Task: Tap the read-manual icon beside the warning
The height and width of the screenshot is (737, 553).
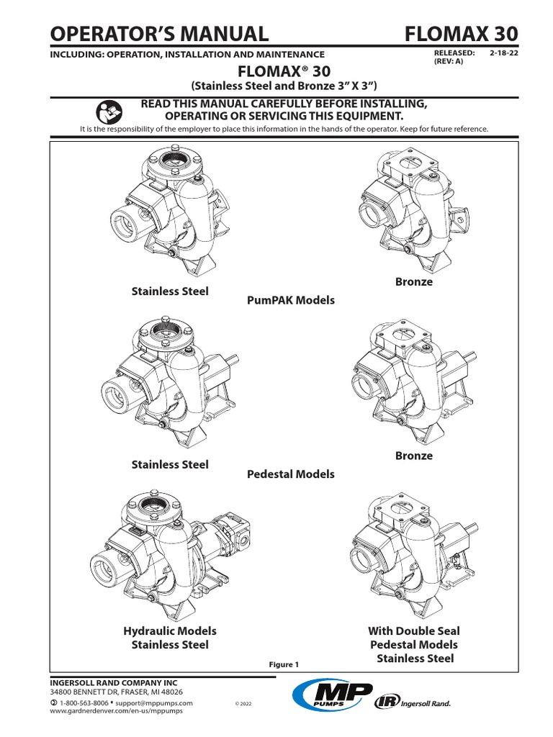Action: [107, 112]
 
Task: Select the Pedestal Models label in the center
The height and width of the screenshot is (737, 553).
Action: [290, 474]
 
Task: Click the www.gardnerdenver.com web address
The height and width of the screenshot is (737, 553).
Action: [116, 710]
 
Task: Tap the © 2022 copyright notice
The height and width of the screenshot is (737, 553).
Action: [246, 702]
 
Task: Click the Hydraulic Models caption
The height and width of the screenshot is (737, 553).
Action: [170, 630]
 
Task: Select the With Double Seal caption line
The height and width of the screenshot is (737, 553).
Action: [413, 630]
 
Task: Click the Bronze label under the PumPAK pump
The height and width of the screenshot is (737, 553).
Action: [413, 281]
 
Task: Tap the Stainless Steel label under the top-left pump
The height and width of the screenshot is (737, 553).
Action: [170, 291]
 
